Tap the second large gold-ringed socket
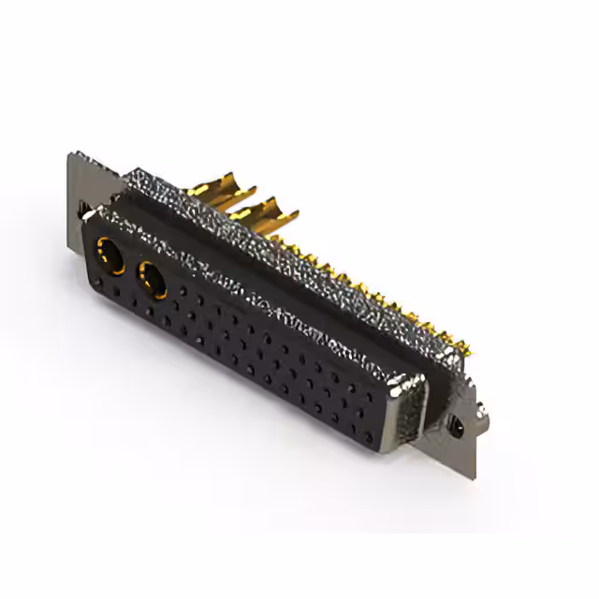pyautogui.click(x=151, y=278)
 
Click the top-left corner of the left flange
pyautogui.click(x=70, y=153)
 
